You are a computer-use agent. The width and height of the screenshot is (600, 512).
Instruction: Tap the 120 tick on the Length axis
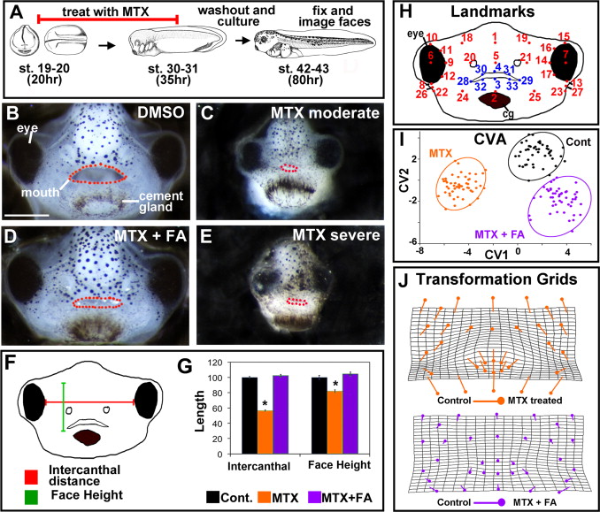[x=210, y=363]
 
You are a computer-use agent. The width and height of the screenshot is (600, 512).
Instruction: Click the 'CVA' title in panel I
[x=491, y=139]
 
